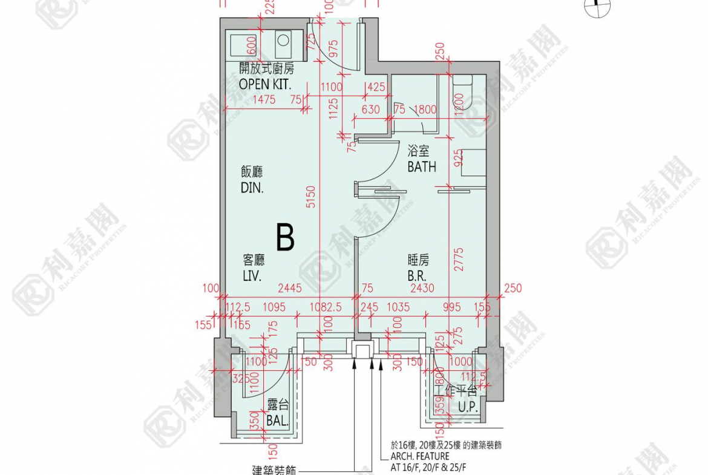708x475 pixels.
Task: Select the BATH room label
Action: (x=422, y=166)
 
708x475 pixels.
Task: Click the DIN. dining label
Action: (x=252, y=188)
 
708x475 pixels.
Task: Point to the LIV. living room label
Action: (x=252, y=276)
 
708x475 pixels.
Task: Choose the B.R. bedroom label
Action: (x=419, y=276)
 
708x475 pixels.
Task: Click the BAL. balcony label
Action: (x=277, y=420)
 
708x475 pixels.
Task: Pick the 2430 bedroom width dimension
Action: (x=422, y=289)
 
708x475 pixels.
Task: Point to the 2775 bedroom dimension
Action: (x=459, y=257)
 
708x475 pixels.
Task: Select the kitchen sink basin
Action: (x=243, y=44)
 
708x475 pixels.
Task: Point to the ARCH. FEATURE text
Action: (x=419, y=456)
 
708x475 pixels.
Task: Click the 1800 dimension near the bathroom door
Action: (x=425, y=110)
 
